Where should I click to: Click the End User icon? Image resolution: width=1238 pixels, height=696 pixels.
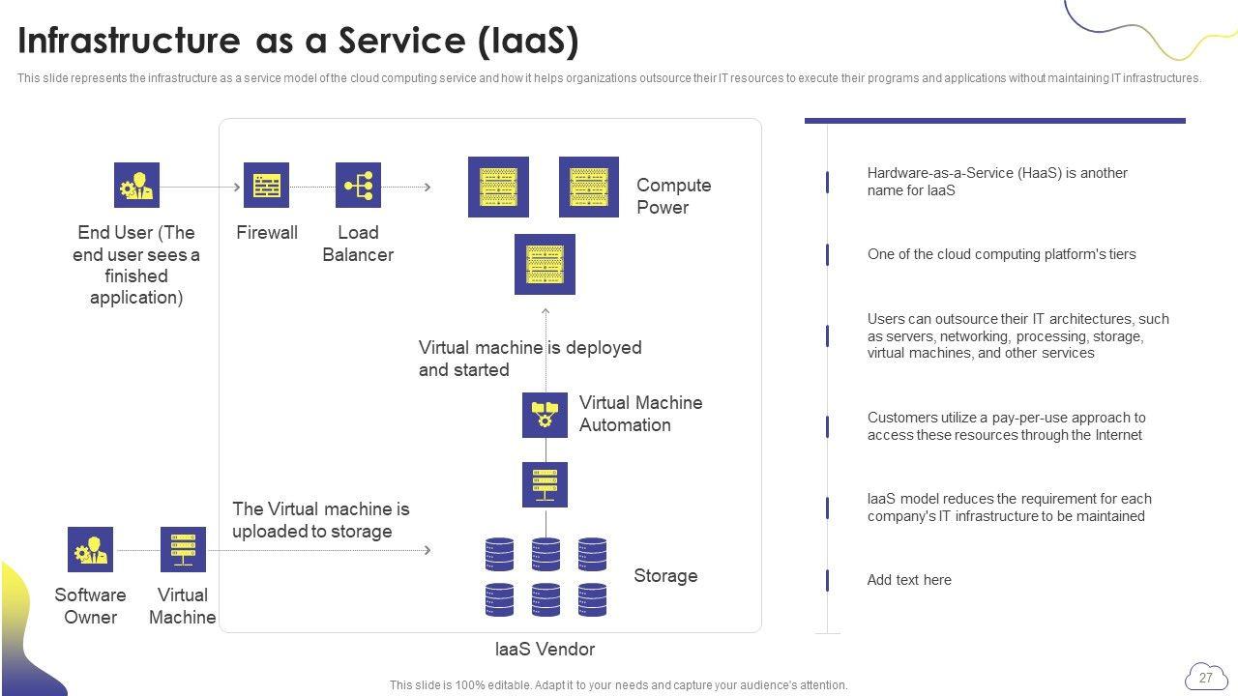[x=136, y=185]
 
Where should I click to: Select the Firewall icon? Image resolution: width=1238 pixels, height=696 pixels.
[x=266, y=185]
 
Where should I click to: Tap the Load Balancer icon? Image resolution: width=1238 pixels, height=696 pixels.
[x=358, y=185]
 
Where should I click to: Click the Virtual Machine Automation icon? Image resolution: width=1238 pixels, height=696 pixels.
[x=545, y=415]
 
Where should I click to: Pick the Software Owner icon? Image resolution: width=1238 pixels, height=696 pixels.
[x=90, y=549]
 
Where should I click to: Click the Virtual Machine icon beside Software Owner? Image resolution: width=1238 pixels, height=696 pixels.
[x=183, y=549]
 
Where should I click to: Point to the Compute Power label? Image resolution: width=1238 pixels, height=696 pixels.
[x=673, y=196]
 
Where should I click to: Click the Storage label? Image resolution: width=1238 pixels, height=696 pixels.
[x=665, y=576]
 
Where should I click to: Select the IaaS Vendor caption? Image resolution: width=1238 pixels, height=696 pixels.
[x=545, y=650]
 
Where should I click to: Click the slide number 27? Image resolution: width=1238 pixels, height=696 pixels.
[x=1205, y=678]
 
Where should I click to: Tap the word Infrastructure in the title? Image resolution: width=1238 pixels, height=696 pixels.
[x=128, y=42]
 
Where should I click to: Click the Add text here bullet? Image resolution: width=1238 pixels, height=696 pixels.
[x=909, y=580]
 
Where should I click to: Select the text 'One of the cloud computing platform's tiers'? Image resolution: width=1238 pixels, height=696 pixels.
[x=1001, y=254]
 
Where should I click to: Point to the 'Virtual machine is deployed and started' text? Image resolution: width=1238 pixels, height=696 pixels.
[x=529, y=359]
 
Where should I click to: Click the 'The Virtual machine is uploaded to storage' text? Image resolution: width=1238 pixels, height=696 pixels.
[x=320, y=520]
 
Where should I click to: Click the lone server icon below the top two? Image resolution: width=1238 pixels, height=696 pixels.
[x=545, y=264]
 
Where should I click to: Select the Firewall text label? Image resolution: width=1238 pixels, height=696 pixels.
[x=266, y=233]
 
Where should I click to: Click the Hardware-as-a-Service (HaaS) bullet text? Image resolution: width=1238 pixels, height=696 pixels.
[x=997, y=182]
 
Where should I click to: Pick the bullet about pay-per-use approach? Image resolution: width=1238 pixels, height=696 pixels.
[x=1006, y=426]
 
